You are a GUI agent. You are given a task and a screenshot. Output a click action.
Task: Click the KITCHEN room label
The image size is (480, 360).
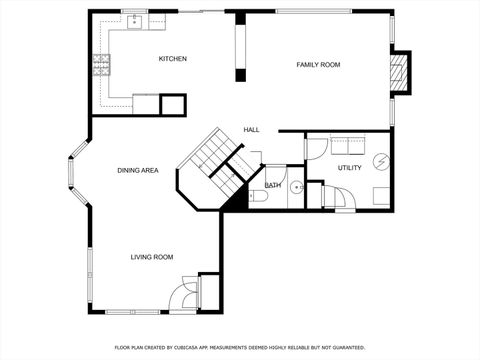(173, 59)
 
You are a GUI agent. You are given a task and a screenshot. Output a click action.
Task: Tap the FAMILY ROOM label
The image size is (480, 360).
(318, 65)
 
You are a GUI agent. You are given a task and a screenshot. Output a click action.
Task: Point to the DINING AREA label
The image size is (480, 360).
(138, 171)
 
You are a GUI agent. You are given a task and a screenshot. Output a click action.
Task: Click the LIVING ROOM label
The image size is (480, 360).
(152, 257)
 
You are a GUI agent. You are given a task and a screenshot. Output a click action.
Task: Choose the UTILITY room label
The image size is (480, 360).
(350, 168)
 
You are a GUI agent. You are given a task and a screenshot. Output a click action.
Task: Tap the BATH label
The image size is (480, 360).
(272, 186)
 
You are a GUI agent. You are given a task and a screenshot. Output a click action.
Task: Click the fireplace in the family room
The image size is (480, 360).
(399, 71)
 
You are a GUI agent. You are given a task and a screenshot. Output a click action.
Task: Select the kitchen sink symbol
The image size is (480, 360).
(133, 22)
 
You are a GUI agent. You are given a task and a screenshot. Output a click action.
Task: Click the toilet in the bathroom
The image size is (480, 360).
(258, 198)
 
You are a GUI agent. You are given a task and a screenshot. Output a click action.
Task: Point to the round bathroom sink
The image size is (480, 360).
(296, 187)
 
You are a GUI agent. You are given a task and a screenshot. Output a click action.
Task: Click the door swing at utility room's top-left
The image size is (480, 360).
(316, 148)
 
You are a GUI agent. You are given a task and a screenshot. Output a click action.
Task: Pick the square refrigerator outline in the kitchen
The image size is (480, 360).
(174, 104)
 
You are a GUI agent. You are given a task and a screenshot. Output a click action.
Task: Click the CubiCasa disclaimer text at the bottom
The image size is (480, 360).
(240, 347)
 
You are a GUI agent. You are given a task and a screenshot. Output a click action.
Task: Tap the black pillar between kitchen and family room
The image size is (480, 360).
(239, 46)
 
